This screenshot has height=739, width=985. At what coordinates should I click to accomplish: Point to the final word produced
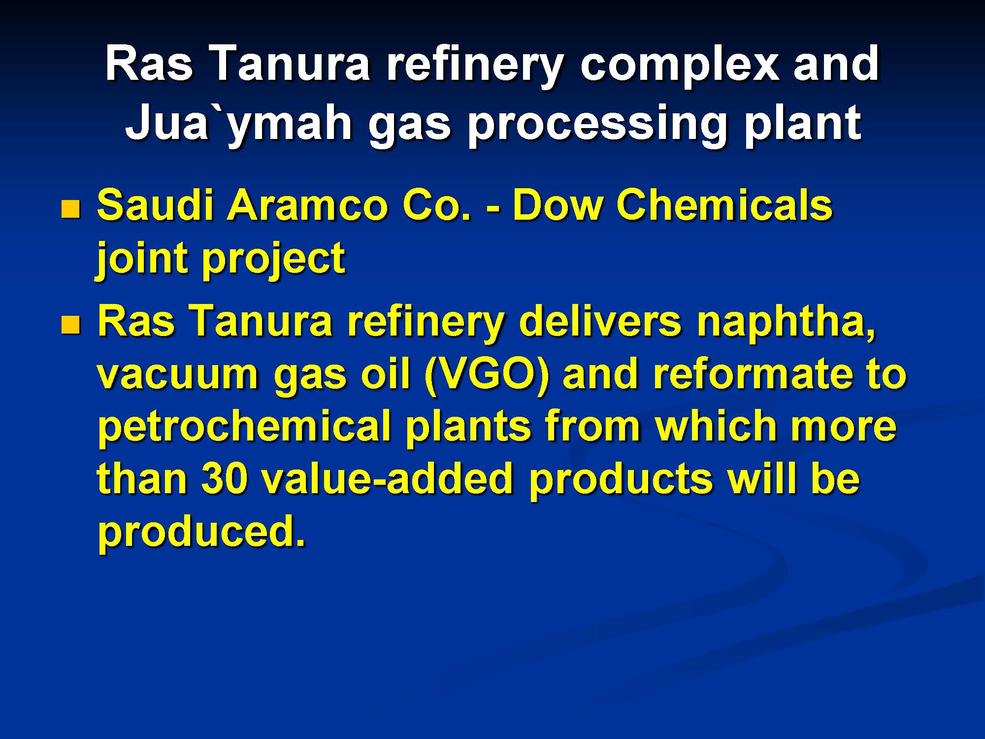[x=201, y=534]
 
